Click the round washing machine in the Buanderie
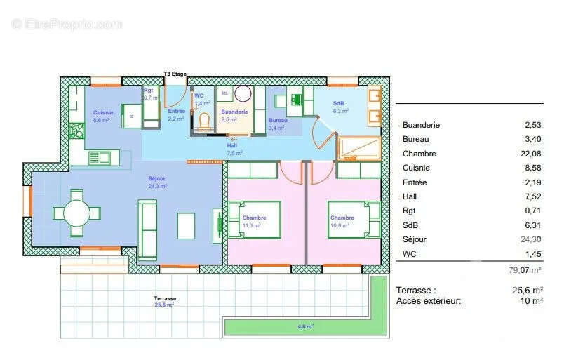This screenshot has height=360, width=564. [243, 95]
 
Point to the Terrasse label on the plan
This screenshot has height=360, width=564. [166, 298]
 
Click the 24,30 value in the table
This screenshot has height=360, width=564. [532, 239]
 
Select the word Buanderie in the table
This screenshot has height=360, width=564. [421, 125]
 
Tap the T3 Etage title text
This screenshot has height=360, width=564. [176, 74]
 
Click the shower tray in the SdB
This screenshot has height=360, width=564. [358, 148]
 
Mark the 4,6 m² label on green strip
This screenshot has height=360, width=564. [306, 326]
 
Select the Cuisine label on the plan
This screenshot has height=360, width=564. [103, 113]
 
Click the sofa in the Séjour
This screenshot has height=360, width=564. [147, 229]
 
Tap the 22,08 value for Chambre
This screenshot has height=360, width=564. [532, 154]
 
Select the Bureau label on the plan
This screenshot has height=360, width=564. [277, 120]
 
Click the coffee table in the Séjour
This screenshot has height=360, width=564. [187, 226]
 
